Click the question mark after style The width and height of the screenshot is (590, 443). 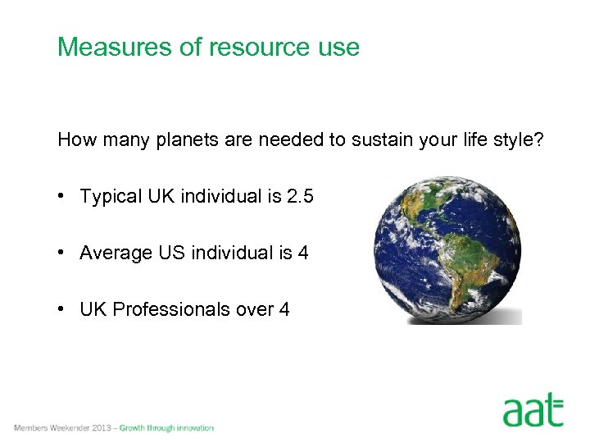539,140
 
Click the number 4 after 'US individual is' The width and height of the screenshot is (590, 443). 303,253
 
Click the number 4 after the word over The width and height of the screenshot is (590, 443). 284,309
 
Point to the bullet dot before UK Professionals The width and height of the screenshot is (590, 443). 62,309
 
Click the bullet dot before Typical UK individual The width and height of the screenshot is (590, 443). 62,197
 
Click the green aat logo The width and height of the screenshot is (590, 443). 533,410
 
